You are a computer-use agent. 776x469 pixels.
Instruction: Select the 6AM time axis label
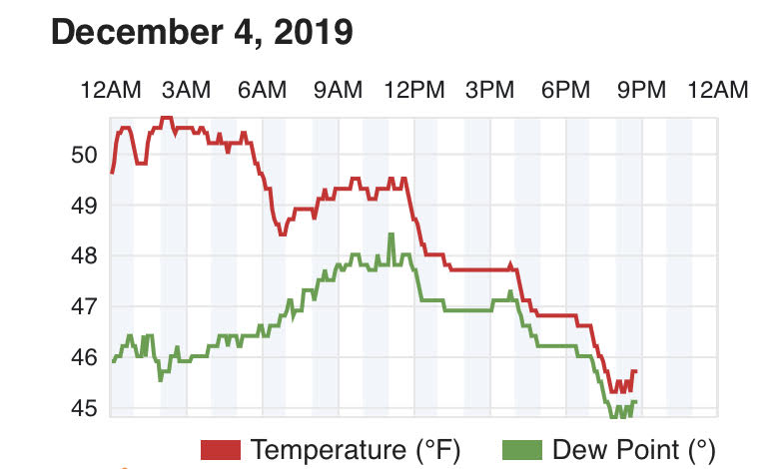(x=262, y=91)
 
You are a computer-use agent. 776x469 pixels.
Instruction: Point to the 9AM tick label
(x=338, y=91)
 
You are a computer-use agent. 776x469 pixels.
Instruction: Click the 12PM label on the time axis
(x=413, y=91)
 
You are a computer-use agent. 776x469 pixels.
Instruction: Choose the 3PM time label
(x=489, y=91)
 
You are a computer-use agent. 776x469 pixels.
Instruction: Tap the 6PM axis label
(x=566, y=91)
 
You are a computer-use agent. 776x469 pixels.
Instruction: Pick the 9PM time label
(x=641, y=91)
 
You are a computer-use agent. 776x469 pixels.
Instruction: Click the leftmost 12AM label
(x=111, y=91)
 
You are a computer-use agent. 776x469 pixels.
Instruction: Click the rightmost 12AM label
(x=717, y=91)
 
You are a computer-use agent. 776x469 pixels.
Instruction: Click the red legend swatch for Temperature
(x=221, y=450)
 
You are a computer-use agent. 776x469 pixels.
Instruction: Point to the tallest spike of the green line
(x=390, y=234)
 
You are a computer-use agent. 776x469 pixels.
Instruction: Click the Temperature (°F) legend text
(x=356, y=450)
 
